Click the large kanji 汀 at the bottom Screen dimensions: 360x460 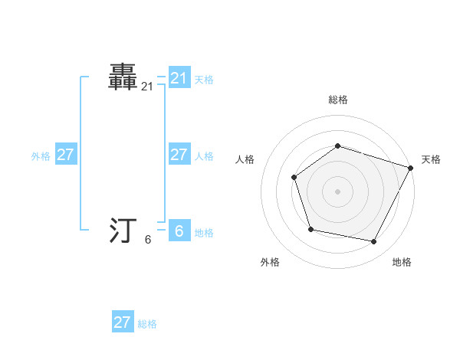point(124,231)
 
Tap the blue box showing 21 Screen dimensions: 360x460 point(179,77)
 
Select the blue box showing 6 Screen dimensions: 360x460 point(179,231)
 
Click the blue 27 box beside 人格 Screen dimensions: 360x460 point(179,155)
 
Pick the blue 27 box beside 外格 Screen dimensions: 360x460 point(65,155)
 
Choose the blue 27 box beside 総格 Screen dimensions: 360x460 point(123,322)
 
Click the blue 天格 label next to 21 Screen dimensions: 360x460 point(204,79)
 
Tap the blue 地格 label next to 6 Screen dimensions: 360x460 point(204,233)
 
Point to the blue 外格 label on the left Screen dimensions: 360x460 point(41,156)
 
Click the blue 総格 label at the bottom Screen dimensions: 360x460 point(147,324)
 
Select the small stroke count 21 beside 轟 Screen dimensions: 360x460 point(147,87)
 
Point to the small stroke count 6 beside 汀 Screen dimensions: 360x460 point(147,240)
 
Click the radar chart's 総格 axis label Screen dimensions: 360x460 point(337,100)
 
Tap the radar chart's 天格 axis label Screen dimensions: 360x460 point(432,159)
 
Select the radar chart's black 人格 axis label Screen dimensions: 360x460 point(245,159)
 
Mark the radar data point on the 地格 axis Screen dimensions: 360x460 point(374,242)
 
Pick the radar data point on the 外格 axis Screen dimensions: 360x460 point(310,229)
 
